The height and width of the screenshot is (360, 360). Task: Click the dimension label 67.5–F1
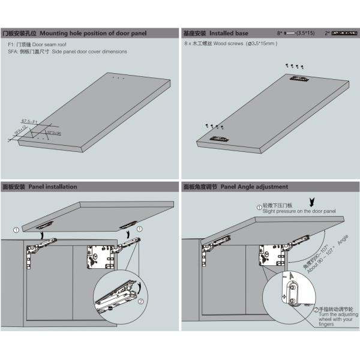click(29, 121)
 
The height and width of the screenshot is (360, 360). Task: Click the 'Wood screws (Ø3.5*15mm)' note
click(231, 45)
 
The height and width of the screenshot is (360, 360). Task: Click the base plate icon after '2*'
click(344, 34)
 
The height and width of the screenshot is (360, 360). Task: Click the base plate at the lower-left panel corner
click(218, 139)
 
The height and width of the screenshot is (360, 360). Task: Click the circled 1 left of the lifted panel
click(16, 229)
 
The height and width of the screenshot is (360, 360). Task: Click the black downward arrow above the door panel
click(310, 201)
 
